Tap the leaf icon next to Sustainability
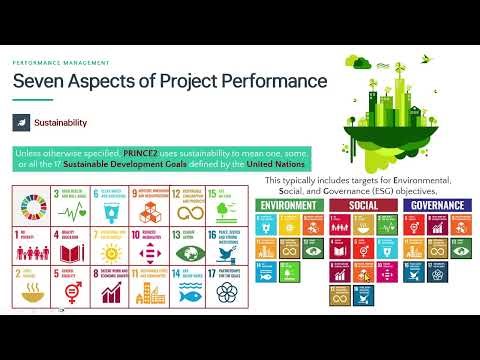(x=21, y=121)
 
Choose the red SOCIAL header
(x=362, y=205)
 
